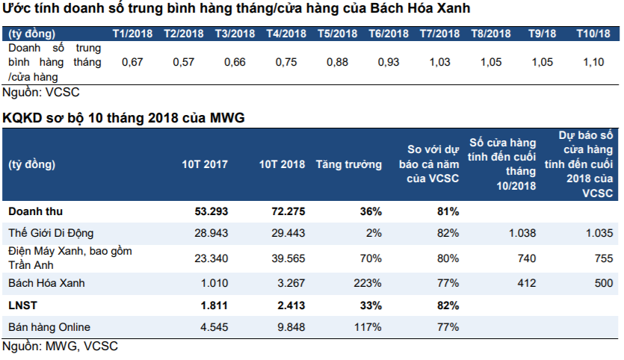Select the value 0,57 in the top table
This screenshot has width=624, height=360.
coord(183,62)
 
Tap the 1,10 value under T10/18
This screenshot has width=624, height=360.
coord(593,62)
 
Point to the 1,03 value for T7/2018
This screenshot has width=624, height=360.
coord(439,62)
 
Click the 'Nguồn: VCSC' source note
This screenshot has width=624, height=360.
coord(41,93)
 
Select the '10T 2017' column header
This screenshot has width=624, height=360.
coord(206,164)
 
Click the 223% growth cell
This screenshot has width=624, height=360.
coord(369,284)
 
